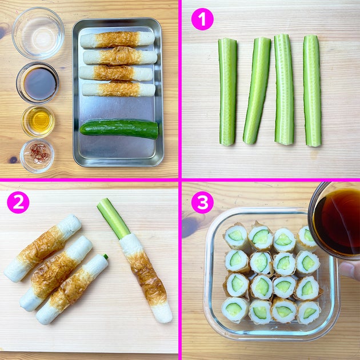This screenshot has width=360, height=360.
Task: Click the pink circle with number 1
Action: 202,19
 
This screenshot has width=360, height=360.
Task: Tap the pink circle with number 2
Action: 18,202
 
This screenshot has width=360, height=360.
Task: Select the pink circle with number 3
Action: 202,202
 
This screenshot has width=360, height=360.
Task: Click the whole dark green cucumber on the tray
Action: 119,129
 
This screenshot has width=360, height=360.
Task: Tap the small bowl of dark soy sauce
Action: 37,83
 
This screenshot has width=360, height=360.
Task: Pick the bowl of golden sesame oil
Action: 38,121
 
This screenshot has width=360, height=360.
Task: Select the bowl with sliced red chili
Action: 37,156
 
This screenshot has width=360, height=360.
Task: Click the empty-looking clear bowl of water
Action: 38,33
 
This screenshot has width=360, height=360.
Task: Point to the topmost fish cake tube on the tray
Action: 117,39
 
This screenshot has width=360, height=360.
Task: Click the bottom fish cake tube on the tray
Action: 118,89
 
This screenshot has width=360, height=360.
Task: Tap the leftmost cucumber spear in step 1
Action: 227,92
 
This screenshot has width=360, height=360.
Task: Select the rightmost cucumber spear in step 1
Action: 312,91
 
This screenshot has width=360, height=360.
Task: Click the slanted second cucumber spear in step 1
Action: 257,91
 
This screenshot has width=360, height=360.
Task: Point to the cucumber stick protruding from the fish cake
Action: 113,218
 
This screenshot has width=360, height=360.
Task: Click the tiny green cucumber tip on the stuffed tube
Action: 105,256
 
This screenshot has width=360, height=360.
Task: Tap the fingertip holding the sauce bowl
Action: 350,270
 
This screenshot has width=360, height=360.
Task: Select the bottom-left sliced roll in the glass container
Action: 235,309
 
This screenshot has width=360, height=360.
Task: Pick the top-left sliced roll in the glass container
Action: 236,236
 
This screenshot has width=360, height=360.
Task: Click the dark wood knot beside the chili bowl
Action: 13,160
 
